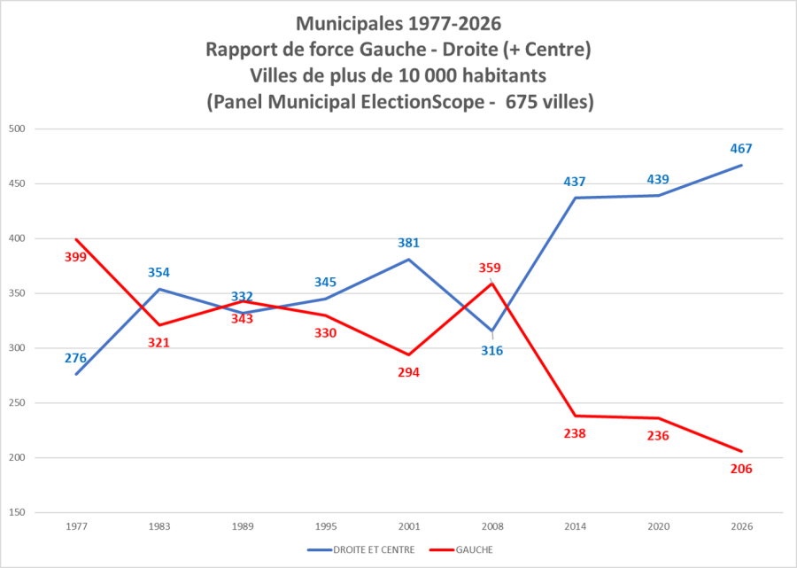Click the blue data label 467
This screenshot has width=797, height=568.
click(741, 149)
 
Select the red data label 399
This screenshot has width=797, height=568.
click(75, 257)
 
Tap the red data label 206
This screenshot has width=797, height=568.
click(741, 469)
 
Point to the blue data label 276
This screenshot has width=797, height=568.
click(75, 358)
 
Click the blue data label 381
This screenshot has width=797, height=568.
click(408, 243)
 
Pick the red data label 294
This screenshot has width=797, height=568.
click(408, 372)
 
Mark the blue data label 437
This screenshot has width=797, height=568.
click(575, 182)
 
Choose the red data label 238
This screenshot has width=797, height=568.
click(575, 433)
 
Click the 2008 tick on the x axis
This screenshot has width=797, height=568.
click(491, 526)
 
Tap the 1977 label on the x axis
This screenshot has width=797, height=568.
click(76, 526)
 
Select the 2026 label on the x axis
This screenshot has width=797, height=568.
click(742, 526)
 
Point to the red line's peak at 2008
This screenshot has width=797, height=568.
click(491, 284)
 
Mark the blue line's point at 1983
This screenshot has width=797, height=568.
click(159, 289)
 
